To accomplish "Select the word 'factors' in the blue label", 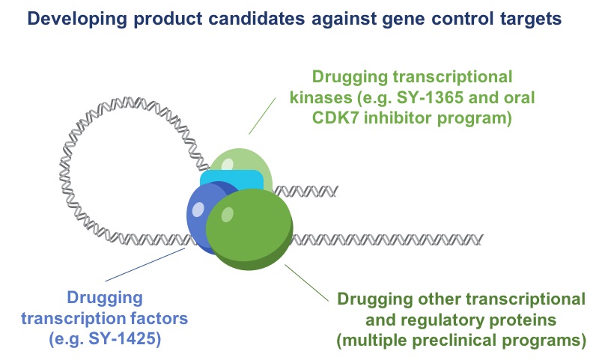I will (x=161, y=317).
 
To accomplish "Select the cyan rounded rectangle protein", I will (x=232, y=180).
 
